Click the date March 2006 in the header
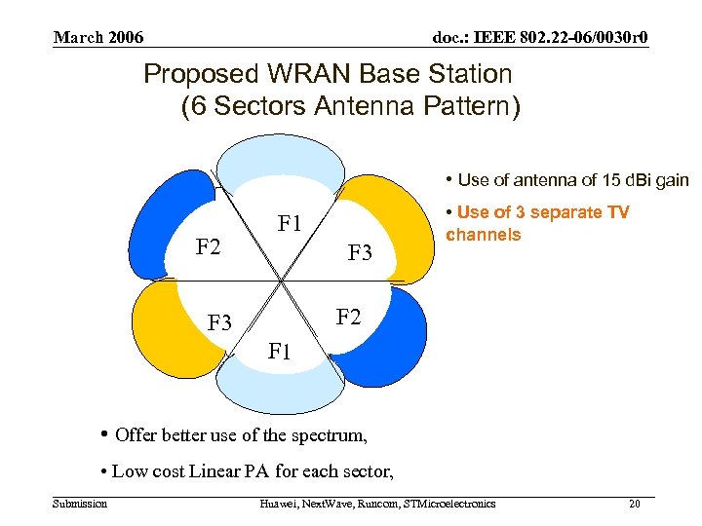98,38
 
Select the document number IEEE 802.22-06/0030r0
540,38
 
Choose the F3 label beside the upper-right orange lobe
361,253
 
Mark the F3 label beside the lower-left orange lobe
220,322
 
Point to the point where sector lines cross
282,283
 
